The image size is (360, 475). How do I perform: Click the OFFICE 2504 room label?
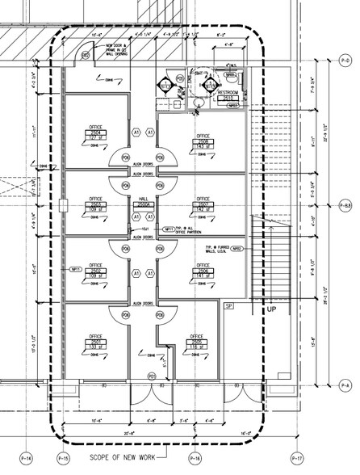[x=95, y=132]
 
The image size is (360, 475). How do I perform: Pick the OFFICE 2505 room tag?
[x=195, y=339]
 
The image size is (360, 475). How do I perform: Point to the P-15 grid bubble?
[x=64, y=460]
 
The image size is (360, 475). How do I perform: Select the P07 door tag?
[x=151, y=376]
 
